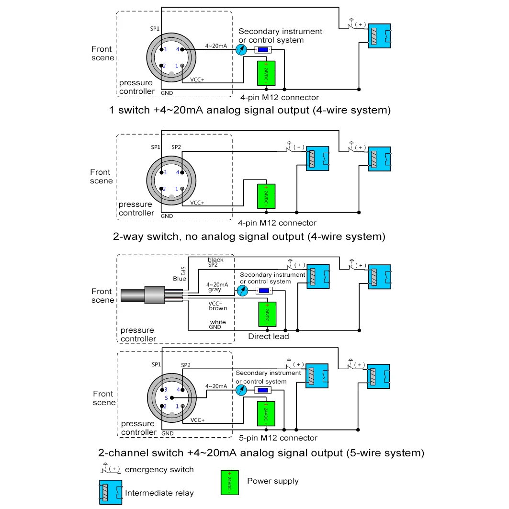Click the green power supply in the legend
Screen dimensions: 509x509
click(229, 482)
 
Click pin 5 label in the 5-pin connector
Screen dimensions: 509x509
click(166, 398)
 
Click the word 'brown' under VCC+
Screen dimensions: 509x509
click(218, 308)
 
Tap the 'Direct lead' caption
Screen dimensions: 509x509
click(268, 337)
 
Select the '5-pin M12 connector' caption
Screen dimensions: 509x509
click(278, 438)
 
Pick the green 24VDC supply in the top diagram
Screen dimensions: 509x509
click(267, 74)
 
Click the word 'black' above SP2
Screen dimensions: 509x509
click(215, 260)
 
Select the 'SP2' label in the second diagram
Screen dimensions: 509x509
click(176, 147)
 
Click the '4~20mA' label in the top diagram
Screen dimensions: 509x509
click(216, 46)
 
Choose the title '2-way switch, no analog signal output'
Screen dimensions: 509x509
click(249, 237)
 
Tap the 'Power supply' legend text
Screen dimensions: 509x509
click(272, 481)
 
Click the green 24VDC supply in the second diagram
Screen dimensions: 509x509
click(267, 196)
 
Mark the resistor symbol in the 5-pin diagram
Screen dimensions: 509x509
click(262, 390)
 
